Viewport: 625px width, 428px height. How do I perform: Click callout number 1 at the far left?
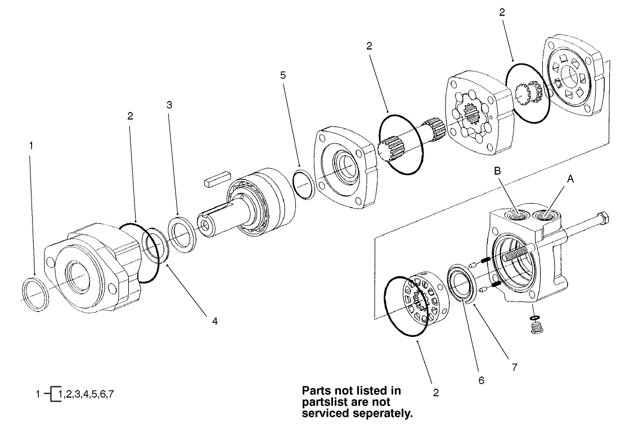point(32,145)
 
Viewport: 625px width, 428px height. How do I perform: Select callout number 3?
point(169,105)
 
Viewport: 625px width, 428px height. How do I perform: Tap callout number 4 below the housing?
point(214,321)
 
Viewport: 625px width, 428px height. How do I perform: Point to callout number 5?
point(283,74)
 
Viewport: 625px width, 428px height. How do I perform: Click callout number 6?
point(482,380)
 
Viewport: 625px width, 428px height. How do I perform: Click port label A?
point(570,179)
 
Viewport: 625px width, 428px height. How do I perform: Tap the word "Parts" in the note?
point(317,391)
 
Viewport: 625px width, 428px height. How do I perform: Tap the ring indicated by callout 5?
point(304,184)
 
